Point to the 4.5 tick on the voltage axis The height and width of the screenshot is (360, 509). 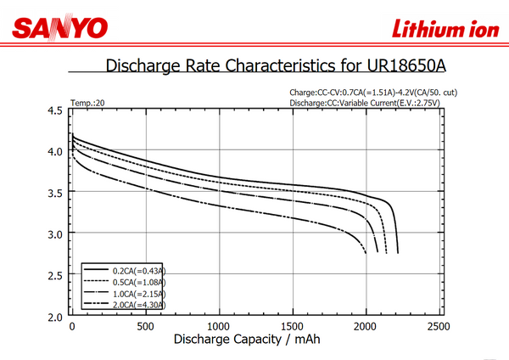55,110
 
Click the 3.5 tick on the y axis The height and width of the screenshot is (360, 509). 55,193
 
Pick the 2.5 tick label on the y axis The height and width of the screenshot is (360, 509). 55,275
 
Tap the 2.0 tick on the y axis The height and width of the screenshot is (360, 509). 55,316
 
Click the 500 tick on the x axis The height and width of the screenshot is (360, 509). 146,327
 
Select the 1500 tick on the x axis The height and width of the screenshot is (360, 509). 293,327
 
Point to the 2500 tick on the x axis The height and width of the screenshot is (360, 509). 439,327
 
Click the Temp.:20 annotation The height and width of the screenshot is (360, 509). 87,103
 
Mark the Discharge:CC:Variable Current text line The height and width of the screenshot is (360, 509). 366,103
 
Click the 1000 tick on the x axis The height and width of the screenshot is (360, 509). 220,327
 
